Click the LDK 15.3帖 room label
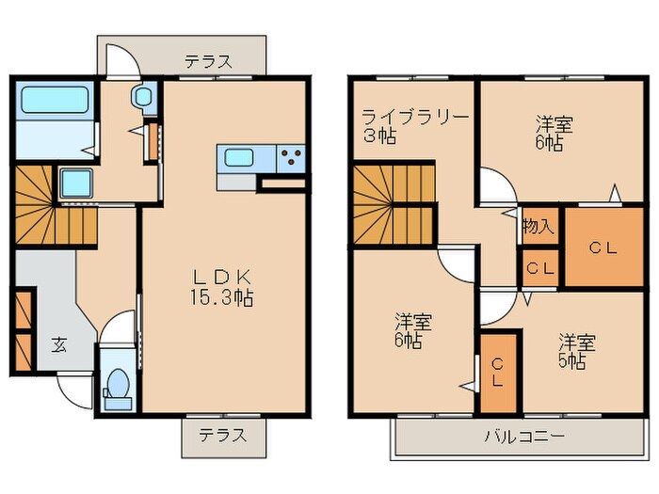tap(222, 287)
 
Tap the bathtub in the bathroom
tap(54, 101)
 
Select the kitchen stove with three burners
tap(291, 157)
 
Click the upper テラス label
tap(208, 62)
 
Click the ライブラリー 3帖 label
tap(414, 126)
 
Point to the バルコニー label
tap(524, 437)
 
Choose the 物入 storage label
tap(538, 227)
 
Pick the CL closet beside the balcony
tap(498, 374)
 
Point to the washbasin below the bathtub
tap(75, 183)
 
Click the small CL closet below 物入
tap(540, 267)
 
